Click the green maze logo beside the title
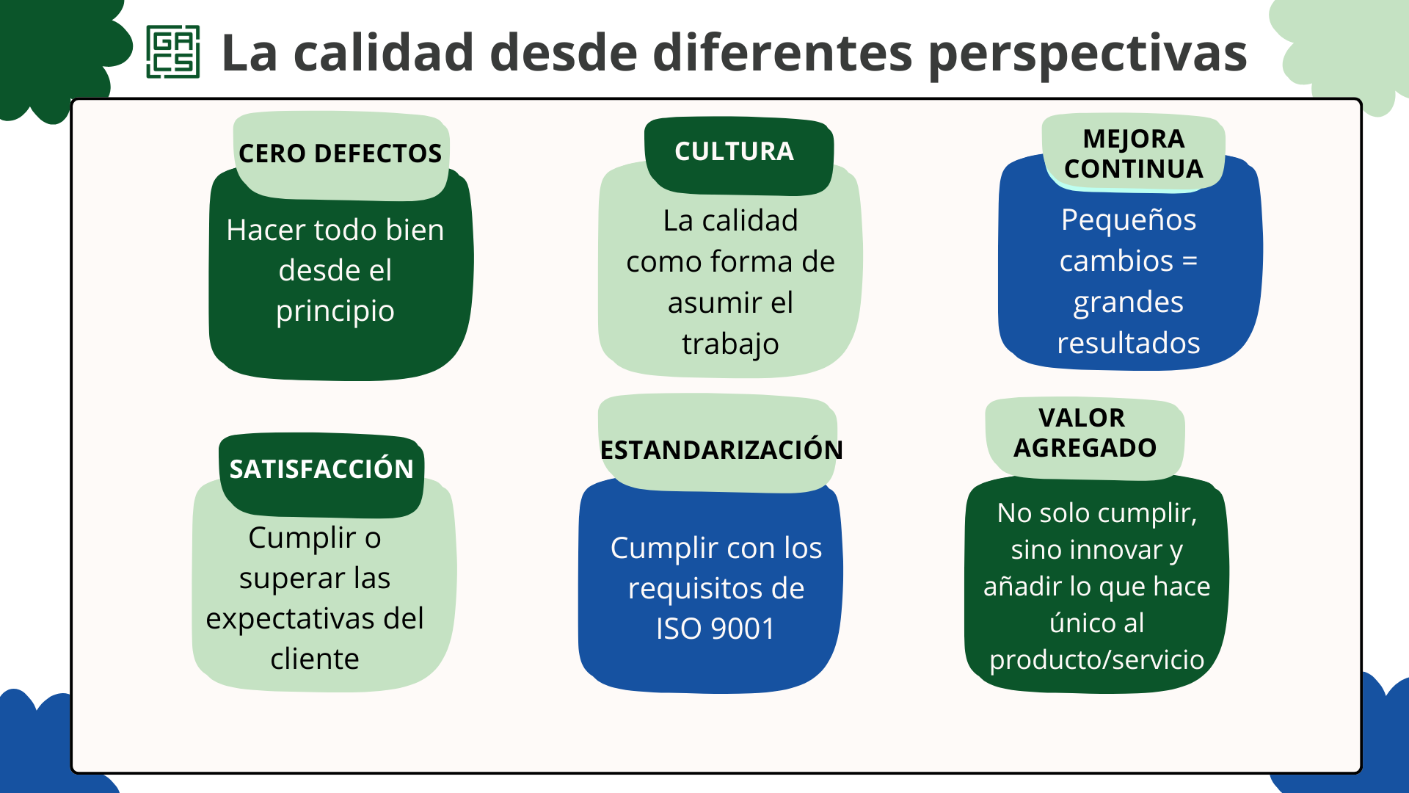pyautogui.click(x=173, y=51)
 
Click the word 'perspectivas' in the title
pyautogui.click(x=1088, y=54)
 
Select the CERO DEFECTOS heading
pyautogui.click(x=341, y=153)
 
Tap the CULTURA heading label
pyautogui.click(x=734, y=151)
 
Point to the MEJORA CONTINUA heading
pyautogui.click(x=1134, y=153)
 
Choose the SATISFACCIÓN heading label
pyautogui.click(x=321, y=468)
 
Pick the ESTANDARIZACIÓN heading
pyautogui.click(x=721, y=449)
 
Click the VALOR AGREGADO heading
pyautogui.click(x=1085, y=432)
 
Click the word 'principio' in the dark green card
pyautogui.click(x=335, y=312)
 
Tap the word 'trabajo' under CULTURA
pyautogui.click(x=730, y=344)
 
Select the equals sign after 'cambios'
pyautogui.click(x=1190, y=261)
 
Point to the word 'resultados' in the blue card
pyautogui.click(x=1129, y=343)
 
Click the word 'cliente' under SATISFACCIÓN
pyautogui.click(x=315, y=659)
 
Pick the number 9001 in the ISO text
pyautogui.click(x=743, y=629)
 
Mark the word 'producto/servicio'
pyautogui.click(x=1096, y=660)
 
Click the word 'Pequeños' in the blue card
pyautogui.click(x=1129, y=220)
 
